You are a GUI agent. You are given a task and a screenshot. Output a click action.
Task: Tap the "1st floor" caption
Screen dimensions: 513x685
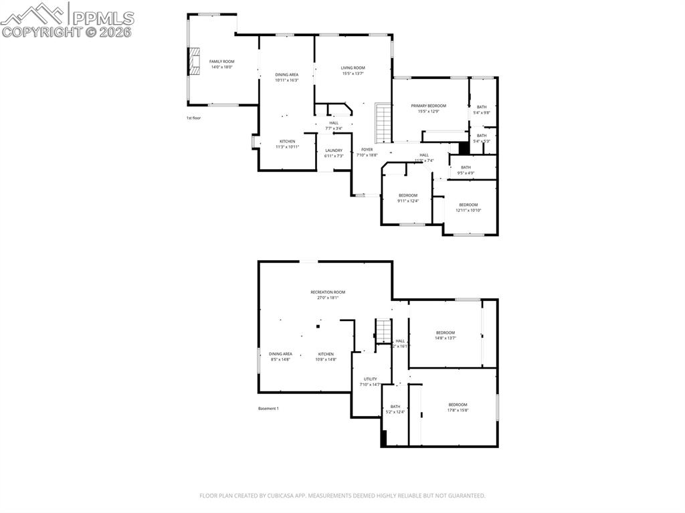coord(193,118)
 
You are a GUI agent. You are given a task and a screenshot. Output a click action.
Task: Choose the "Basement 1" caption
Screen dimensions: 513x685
coord(268,409)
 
